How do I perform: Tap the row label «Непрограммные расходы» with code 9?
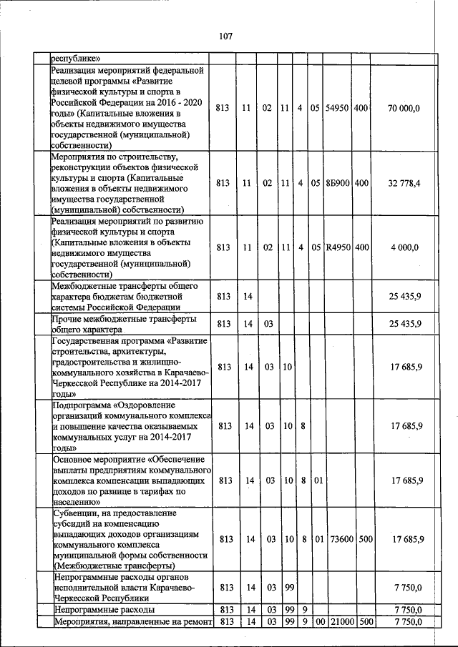pos(104,610)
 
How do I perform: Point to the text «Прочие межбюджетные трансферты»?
pos(123,319)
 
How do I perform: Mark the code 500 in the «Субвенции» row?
pos(364,538)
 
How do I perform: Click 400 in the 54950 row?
pos(361,108)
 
